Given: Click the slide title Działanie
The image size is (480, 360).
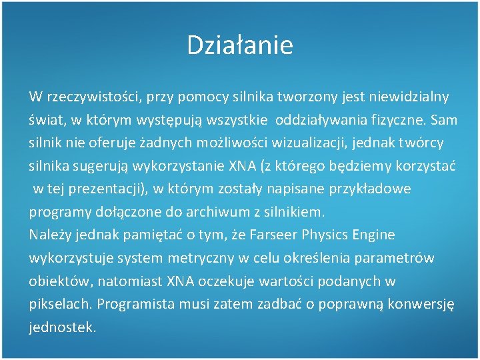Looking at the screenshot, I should coord(239,45).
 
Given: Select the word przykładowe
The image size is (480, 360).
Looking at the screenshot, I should coord(370,189).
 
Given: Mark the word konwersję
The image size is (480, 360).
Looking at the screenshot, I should coord(421,305).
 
